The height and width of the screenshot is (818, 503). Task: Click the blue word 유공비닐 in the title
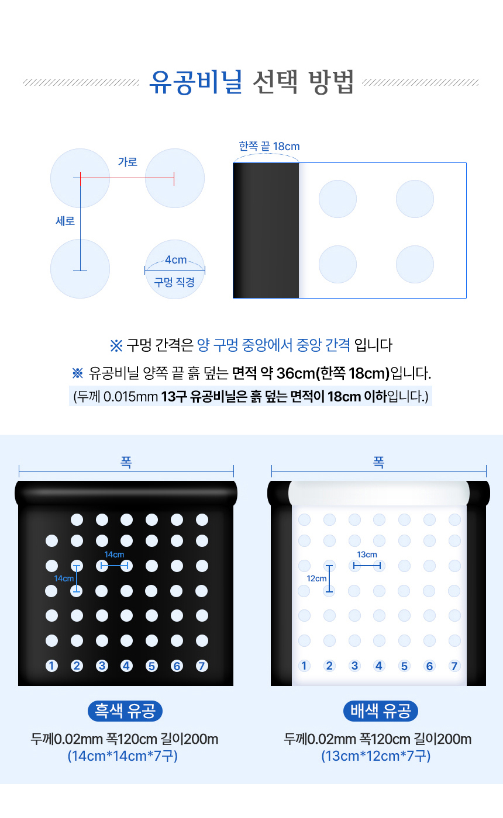coord(196,82)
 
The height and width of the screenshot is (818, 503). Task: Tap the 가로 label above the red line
coord(128,162)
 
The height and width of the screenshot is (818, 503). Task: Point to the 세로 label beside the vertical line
coord(65,221)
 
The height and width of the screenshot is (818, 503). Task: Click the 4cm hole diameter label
coord(176,259)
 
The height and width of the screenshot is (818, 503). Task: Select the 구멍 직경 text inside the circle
coord(174,282)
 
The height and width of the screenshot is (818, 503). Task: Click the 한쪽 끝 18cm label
coord(270,147)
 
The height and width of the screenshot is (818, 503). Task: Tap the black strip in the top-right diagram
coord(266,230)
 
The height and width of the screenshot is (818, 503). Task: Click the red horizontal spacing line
coord(128,178)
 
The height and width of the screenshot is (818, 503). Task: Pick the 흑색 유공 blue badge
coord(125,711)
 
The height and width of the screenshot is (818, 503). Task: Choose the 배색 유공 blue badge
coord(381,711)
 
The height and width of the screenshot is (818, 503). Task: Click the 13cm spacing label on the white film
coord(367,554)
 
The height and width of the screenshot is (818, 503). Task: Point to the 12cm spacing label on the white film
coord(316,578)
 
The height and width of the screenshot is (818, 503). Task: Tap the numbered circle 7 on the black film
coord(202,666)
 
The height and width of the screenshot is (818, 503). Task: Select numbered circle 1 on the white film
coord(304,666)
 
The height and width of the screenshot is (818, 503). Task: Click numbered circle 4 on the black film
coord(126,666)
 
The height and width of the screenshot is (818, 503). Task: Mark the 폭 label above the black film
coord(126,462)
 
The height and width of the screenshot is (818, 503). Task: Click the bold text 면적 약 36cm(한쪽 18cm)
coord(311,373)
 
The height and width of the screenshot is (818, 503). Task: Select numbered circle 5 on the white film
coord(404,666)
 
